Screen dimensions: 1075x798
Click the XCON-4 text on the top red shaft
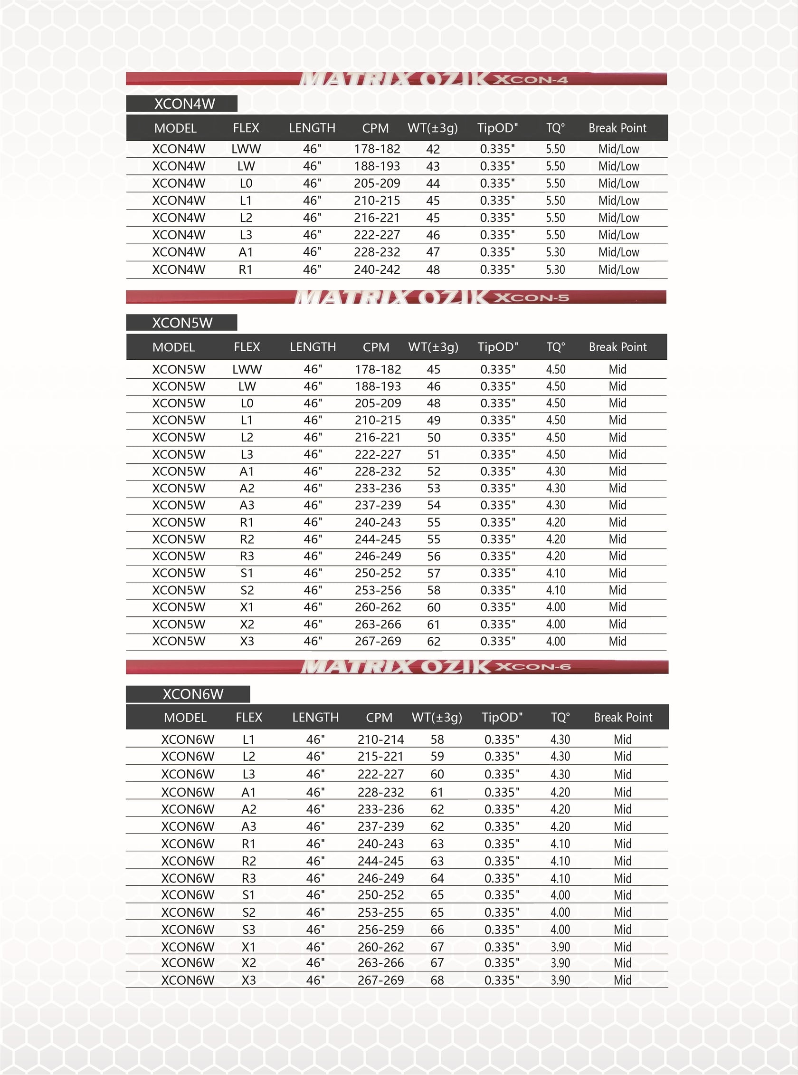pyautogui.click(x=531, y=80)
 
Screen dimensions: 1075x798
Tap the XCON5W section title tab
pyautogui.click(x=182, y=323)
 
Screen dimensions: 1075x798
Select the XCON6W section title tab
pyautogui.click(x=193, y=694)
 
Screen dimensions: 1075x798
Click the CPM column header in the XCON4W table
pyautogui.click(x=375, y=128)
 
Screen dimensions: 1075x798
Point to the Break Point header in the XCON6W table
pyautogui.click(x=623, y=717)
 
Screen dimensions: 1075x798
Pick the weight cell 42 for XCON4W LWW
pyautogui.click(x=433, y=149)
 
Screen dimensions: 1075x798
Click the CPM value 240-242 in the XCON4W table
pyautogui.click(x=377, y=270)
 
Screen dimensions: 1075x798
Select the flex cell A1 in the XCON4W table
pyautogui.click(x=246, y=252)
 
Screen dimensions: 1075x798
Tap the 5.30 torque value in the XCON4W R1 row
pyautogui.click(x=555, y=270)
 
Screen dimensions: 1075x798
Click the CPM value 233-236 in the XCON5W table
pyautogui.click(x=378, y=488)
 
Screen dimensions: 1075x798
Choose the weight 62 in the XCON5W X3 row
pyautogui.click(x=433, y=642)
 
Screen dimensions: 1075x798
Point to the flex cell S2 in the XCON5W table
pyautogui.click(x=247, y=590)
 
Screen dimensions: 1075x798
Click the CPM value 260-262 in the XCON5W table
pyautogui.click(x=378, y=607)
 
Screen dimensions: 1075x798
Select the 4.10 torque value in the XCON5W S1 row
pyautogui.click(x=555, y=573)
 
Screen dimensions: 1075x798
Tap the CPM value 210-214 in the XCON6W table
pyautogui.click(x=380, y=739)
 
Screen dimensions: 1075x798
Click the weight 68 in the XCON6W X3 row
pyautogui.click(x=437, y=980)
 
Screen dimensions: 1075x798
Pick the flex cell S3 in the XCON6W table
pyautogui.click(x=248, y=930)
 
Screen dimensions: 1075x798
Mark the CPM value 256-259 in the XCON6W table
pyautogui.click(x=380, y=930)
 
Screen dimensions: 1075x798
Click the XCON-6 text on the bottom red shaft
pyautogui.click(x=533, y=667)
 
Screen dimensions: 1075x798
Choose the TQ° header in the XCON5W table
pyautogui.click(x=555, y=347)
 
